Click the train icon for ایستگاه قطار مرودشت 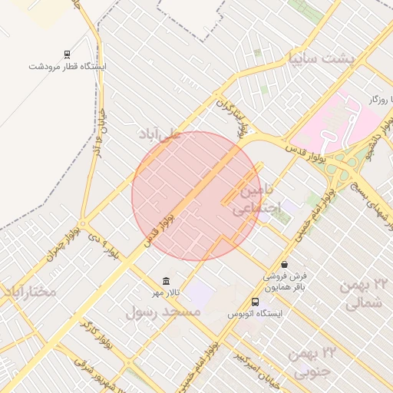point(68,54)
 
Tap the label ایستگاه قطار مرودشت point(68,67)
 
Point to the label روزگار point(378,100)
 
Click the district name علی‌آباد point(160,134)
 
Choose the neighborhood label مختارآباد point(31,292)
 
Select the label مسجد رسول point(162,312)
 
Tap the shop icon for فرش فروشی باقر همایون point(285,264)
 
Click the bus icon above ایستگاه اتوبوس point(256,302)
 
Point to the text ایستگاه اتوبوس point(256,314)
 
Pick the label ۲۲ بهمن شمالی point(366,294)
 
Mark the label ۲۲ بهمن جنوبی point(314,363)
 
